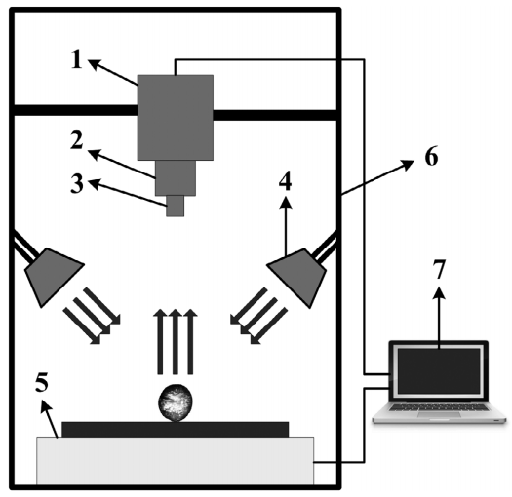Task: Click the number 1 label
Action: point(77,59)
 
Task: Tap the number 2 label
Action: point(77,140)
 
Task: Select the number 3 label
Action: point(77,184)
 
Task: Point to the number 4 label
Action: point(285,181)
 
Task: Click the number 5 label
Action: point(42,381)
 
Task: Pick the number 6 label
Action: point(431,157)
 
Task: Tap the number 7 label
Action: point(439,270)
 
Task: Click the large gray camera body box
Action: point(176,118)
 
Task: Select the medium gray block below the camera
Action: point(176,178)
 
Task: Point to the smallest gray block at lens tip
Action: point(175,206)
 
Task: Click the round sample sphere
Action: point(175,402)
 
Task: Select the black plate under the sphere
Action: point(175,430)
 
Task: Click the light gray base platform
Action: point(175,461)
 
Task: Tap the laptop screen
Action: point(439,371)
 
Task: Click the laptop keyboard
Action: point(439,407)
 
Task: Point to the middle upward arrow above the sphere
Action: point(176,342)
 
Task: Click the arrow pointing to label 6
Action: point(377,177)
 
